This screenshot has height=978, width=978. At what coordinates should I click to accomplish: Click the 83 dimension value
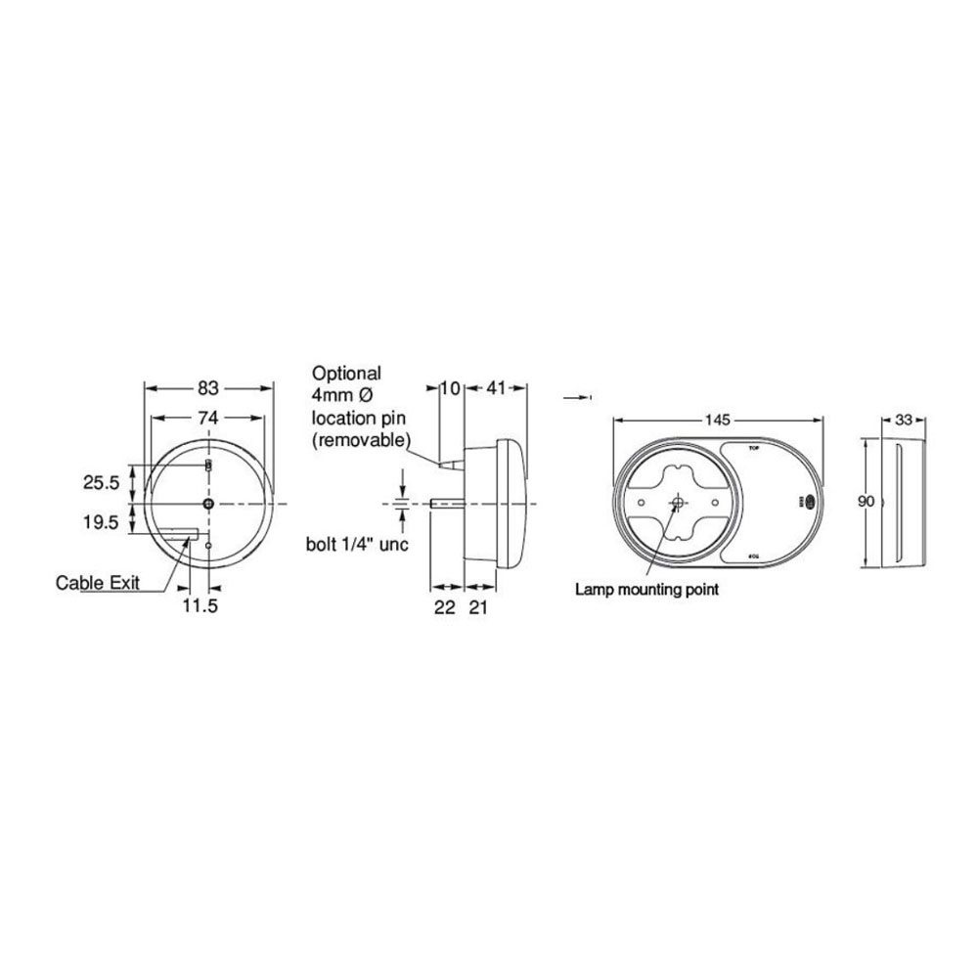207,385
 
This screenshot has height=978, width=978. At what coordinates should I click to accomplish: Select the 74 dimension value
207,418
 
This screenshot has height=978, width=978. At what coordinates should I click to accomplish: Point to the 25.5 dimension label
102,482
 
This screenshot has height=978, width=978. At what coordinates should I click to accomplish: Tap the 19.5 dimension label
102,523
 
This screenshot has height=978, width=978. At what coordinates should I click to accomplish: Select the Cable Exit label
97,583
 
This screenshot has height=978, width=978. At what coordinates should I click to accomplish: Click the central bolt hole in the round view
208,503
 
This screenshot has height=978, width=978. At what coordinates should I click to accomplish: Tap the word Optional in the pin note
346,374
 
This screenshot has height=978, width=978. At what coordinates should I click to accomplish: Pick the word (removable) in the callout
359,440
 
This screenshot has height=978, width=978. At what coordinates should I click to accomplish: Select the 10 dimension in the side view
450,388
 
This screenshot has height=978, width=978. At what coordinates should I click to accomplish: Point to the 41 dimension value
496,388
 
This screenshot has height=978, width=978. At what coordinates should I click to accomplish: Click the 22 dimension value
444,607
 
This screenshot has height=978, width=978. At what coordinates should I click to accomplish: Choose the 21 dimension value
477,607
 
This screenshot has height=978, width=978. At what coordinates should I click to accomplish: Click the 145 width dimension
717,420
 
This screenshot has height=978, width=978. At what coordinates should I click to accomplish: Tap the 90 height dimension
866,502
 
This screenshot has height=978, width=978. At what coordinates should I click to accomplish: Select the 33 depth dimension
904,420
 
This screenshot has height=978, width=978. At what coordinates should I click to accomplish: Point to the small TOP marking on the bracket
753,447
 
